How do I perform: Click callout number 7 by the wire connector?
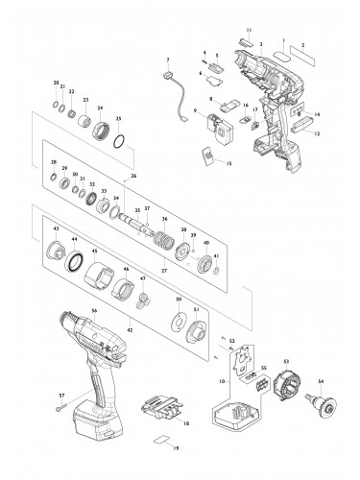(x=166, y=60)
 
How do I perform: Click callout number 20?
(x=57, y=83)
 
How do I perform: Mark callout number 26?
(x=132, y=176)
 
